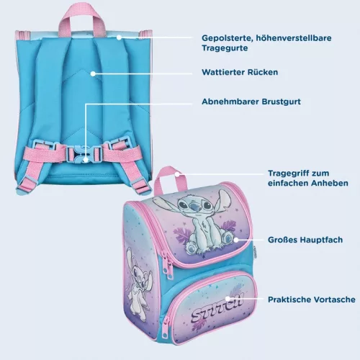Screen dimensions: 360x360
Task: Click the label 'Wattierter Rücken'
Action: [240, 72]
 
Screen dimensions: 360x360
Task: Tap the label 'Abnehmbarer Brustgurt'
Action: [251, 102]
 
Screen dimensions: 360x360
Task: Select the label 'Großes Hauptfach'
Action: [305, 240]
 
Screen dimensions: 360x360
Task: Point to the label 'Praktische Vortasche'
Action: [312, 300]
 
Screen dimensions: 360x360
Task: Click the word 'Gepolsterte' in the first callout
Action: [227, 38]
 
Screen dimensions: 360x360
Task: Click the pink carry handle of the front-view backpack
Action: [170, 179]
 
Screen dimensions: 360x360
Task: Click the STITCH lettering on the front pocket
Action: [217, 310]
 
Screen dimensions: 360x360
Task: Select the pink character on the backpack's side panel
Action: [139, 283]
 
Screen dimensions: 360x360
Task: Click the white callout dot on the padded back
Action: [93, 73]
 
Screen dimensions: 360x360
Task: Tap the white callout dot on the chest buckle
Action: [86, 159]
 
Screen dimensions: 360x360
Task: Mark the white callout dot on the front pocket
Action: [228, 299]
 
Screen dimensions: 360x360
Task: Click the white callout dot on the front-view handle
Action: [177, 174]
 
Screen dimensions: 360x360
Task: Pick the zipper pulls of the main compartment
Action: [168, 266]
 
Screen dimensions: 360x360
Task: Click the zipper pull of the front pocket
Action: [166, 328]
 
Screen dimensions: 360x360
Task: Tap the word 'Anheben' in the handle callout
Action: [330, 183]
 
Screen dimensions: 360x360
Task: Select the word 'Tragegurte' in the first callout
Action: [225, 48]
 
